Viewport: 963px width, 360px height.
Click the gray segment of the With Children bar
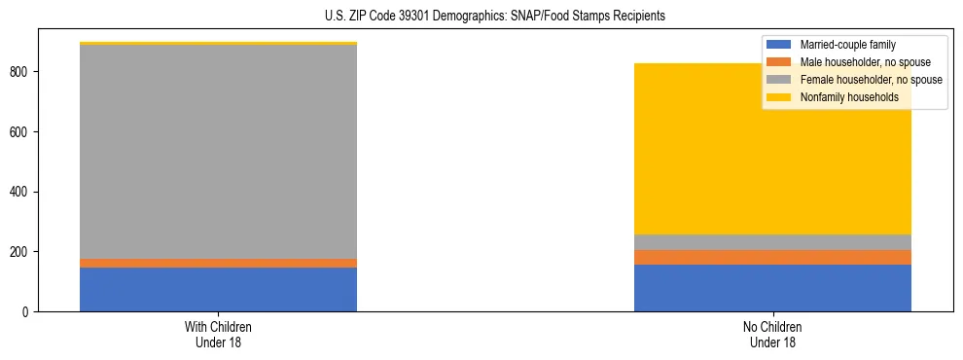click(x=218, y=151)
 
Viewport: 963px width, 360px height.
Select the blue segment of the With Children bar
click(x=218, y=289)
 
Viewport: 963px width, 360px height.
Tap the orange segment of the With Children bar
click(x=218, y=263)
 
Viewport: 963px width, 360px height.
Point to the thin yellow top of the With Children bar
click(x=218, y=43)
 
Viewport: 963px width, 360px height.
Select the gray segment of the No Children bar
click(x=772, y=242)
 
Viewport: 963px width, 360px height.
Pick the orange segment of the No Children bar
click(x=772, y=257)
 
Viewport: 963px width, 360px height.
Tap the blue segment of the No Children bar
click(x=772, y=288)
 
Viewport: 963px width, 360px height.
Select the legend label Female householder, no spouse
click(x=871, y=80)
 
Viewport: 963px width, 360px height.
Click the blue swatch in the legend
click(x=779, y=45)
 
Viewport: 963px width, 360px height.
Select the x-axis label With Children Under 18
click(x=218, y=334)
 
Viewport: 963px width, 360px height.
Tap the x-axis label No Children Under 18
click(x=772, y=334)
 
